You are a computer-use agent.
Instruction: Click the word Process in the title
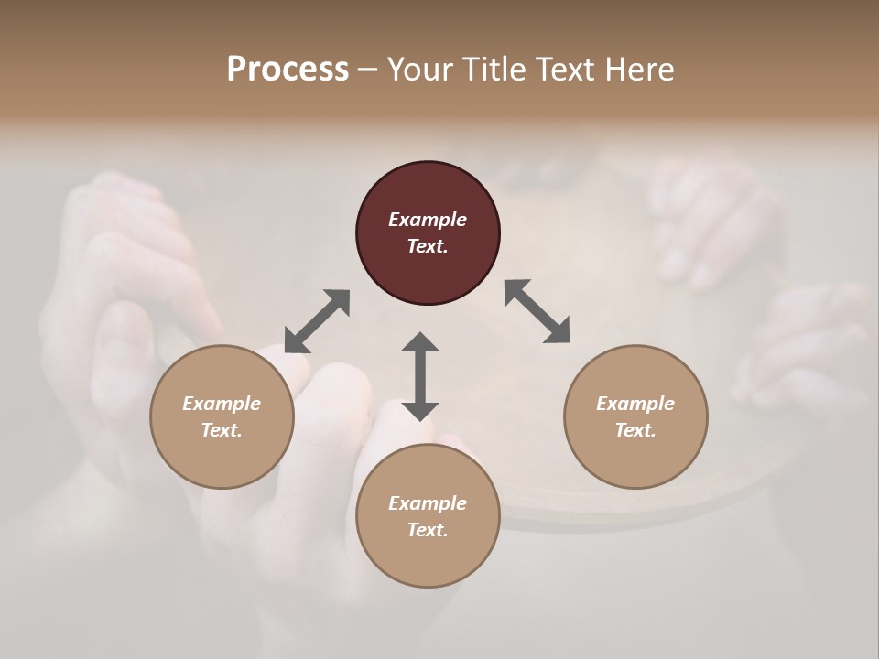click(288, 70)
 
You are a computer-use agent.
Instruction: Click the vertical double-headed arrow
click(420, 376)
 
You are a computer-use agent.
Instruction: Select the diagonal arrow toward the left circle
click(318, 321)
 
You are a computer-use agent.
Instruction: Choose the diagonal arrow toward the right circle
click(537, 311)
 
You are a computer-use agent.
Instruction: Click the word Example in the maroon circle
click(428, 220)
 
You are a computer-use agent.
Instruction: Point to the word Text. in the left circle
click(222, 430)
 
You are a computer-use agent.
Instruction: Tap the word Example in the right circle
click(635, 404)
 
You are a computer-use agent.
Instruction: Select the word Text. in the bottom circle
click(428, 530)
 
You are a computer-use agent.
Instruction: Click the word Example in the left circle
click(222, 404)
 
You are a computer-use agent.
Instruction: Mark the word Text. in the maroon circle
click(428, 246)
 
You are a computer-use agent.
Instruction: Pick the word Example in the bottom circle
click(428, 503)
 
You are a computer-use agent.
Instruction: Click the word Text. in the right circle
click(635, 430)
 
